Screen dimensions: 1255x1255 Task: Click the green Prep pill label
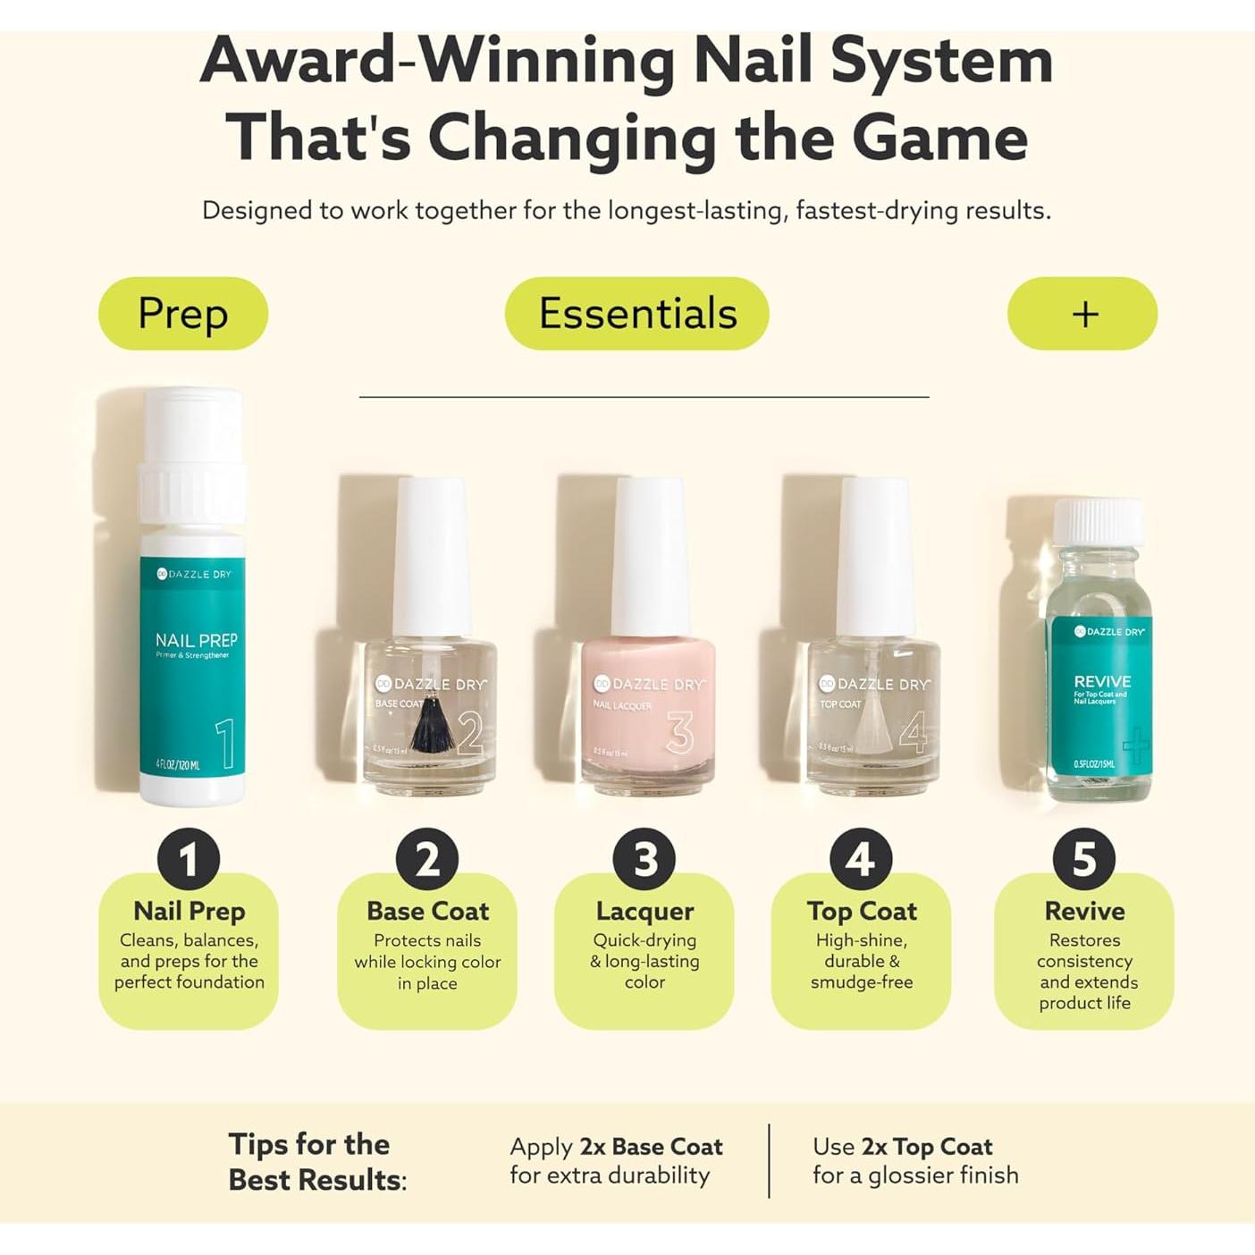(183, 314)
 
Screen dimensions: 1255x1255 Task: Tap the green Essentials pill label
(637, 314)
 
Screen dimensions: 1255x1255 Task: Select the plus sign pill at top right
(1083, 314)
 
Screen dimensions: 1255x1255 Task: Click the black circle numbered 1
(189, 859)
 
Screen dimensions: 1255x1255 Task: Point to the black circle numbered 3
(644, 859)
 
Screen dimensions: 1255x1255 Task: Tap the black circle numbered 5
(1083, 859)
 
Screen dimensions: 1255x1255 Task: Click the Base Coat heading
(427, 911)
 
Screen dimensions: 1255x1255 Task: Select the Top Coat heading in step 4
(862, 911)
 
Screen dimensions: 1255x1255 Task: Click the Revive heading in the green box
(1084, 911)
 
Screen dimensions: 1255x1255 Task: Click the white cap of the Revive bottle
(1098, 521)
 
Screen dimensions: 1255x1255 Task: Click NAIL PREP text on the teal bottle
(196, 640)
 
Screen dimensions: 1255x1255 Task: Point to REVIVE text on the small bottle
(1102, 681)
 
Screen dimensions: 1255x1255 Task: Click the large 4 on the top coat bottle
(913, 733)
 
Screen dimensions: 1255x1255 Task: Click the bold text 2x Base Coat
(651, 1147)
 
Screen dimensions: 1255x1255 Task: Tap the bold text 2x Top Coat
(926, 1147)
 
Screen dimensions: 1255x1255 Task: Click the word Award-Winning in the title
(438, 61)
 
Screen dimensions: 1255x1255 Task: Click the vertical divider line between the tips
(769, 1160)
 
